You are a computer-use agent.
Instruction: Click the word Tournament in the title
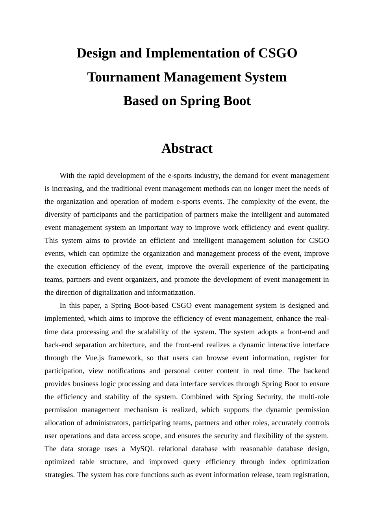pos(124,77)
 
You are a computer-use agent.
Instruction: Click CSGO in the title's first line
pos(277,53)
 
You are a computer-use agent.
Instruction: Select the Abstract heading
pos(187,148)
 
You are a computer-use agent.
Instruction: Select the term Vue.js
pos(94,358)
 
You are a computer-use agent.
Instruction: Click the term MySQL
pos(142,449)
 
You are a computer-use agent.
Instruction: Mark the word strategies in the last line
pos(59,475)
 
